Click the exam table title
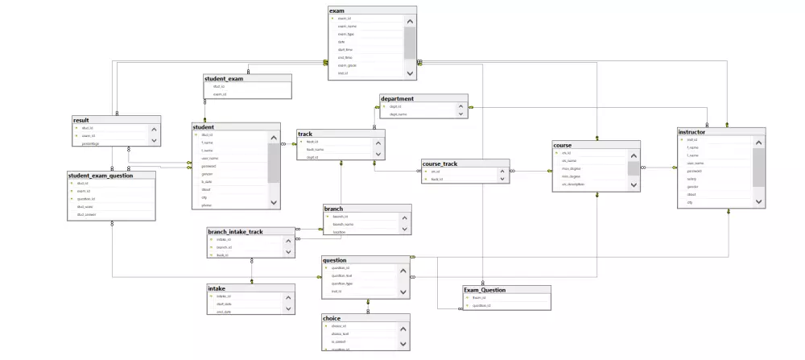[337, 10]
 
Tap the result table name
[81, 120]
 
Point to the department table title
[398, 98]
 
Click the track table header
[305, 134]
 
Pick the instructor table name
[692, 131]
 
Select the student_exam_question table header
[101, 175]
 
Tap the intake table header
[217, 288]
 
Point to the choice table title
[332, 318]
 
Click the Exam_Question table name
[485, 290]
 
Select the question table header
[335, 260]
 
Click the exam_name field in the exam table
[348, 26]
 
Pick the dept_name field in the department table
[399, 114]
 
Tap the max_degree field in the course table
[572, 168]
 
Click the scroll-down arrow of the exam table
[410, 73]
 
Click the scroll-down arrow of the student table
[274, 202]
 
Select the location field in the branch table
[340, 232]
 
